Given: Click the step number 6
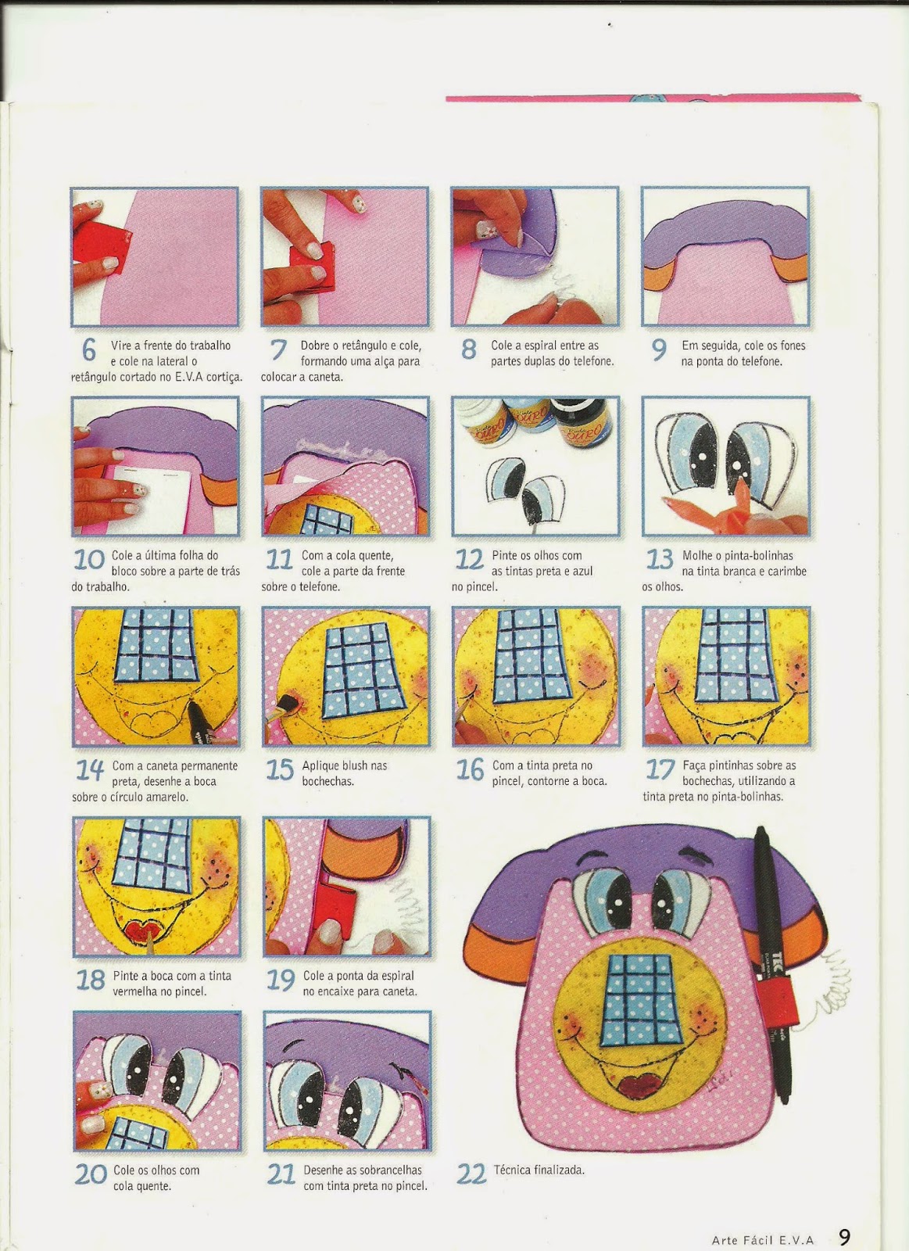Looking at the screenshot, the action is click(89, 349).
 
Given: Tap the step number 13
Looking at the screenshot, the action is click(660, 560).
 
